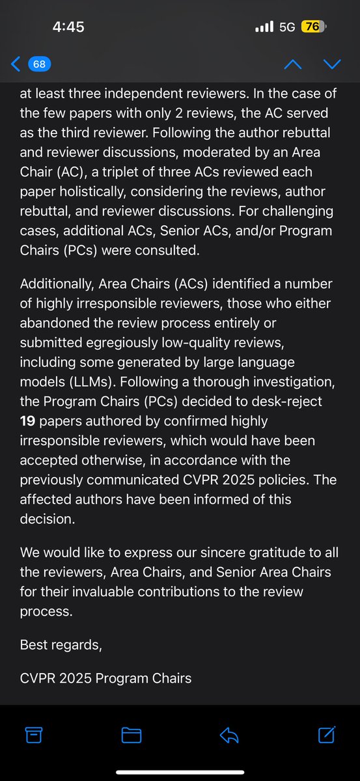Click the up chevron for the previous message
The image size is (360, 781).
click(294, 64)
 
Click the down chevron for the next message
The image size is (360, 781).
click(332, 64)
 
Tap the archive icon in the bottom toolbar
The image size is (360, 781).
click(33, 735)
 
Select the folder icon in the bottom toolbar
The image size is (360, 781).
click(132, 735)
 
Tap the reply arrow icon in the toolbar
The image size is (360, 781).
click(228, 735)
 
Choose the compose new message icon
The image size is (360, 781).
click(326, 735)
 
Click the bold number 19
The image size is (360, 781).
click(28, 422)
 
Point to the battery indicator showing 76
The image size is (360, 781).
click(314, 27)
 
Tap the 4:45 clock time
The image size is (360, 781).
click(68, 27)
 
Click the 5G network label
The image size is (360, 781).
click(287, 27)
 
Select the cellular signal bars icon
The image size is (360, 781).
click(264, 27)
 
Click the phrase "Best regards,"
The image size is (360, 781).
click(61, 646)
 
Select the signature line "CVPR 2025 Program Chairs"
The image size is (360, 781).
click(106, 678)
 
